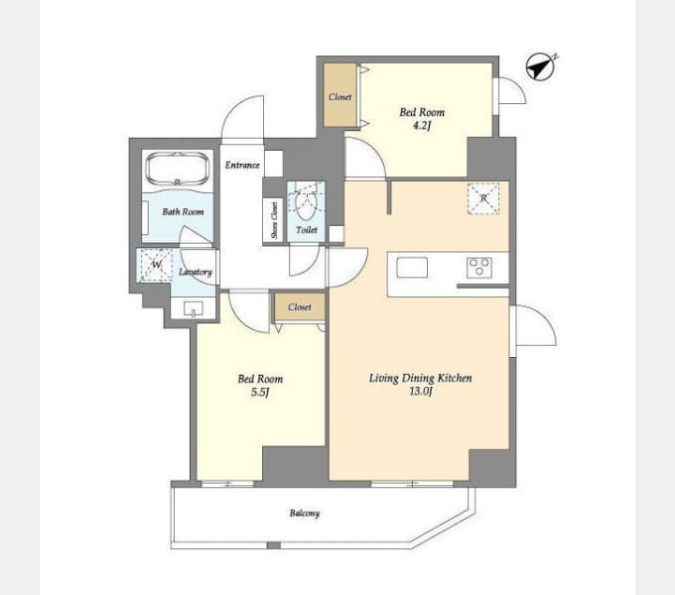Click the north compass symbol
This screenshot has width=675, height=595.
coord(541,67)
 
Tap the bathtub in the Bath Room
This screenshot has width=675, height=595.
coord(178,169)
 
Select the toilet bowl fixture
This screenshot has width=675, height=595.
coord(306,205)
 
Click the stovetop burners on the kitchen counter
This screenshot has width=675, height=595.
coord(479,267)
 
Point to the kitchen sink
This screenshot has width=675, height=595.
coord(412,267)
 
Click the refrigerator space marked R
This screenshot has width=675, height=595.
coord(483,198)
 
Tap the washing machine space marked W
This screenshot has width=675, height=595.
coord(156,265)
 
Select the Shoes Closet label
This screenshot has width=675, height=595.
coord(274,220)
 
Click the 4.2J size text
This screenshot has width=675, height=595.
coord(422,126)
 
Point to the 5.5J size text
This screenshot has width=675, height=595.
coord(260,392)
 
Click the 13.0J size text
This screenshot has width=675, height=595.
coord(421,392)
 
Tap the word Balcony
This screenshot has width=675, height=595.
coord(305,513)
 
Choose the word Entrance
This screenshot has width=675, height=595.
coord(242,165)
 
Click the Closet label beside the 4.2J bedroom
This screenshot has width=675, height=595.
coord(340,97)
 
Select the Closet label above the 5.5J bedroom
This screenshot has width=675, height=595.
coord(300,307)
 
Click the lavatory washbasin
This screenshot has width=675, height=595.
coord(194,308)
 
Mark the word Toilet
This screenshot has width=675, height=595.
coord(307,230)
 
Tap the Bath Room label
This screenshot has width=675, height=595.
coord(183,211)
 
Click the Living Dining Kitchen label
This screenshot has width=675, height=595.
coord(421,378)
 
